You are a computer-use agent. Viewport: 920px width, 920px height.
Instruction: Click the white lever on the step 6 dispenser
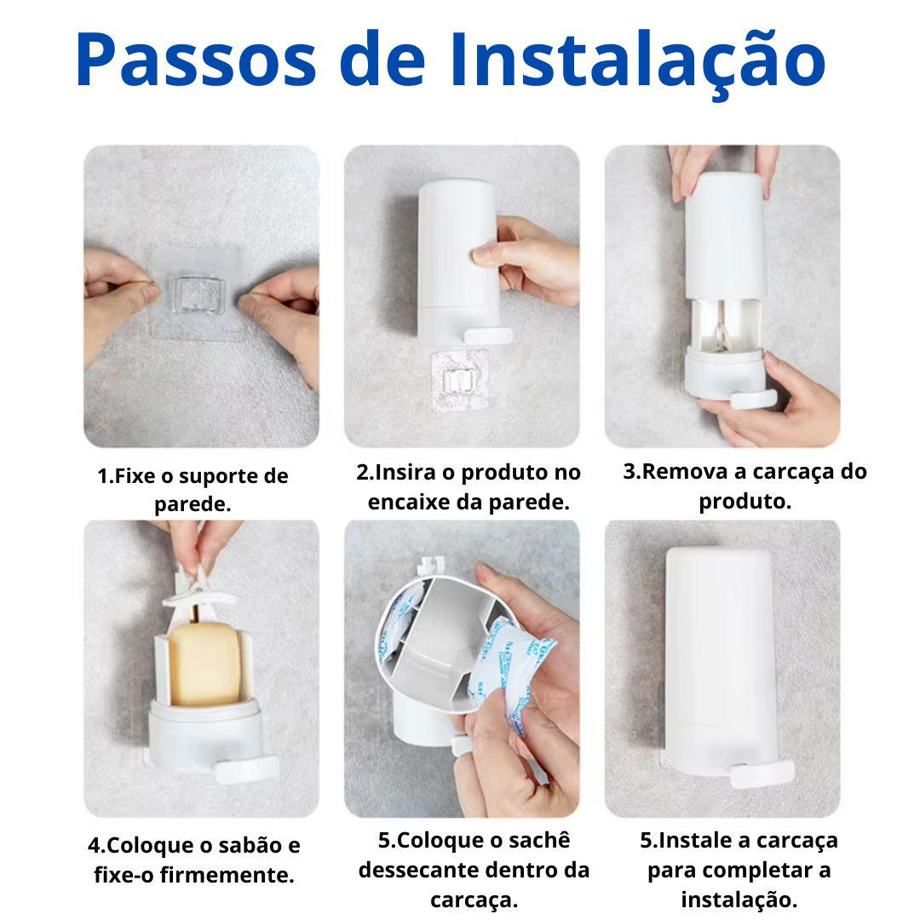tap(762, 772)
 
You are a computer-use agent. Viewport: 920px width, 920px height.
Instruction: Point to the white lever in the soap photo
tap(247, 769)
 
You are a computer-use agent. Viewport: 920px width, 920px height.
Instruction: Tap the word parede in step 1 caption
tap(193, 503)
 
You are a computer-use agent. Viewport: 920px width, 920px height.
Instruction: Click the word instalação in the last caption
tap(739, 900)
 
